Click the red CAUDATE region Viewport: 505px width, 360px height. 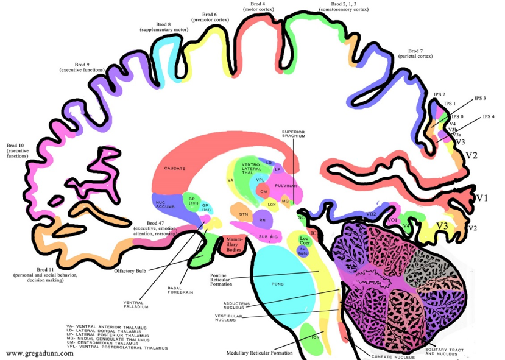(174, 168)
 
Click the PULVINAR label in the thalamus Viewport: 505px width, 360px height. (284, 184)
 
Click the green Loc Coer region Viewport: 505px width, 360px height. (305, 239)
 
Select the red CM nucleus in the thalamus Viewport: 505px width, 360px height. (264, 191)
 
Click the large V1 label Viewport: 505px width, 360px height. (482, 198)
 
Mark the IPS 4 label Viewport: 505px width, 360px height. (489, 116)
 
